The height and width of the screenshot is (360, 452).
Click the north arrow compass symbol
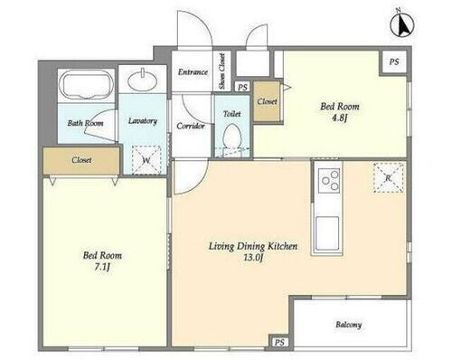pos(402,24)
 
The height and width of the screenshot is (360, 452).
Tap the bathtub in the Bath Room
pos(86,85)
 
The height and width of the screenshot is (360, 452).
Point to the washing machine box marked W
pos(146,160)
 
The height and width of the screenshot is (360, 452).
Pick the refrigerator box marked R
pos(389,177)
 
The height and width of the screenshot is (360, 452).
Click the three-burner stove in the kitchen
pos(329,180)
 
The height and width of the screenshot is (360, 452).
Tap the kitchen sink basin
pos(327,233)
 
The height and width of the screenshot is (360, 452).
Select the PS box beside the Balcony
pos(279,342)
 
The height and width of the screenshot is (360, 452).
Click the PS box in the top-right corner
pos(394,62)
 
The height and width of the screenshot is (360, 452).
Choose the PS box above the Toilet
pos(242,87)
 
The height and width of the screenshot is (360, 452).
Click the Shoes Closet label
pos(222,71)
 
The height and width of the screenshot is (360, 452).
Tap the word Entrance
pos(193,71)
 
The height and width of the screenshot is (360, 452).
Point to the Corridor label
pos(191,126)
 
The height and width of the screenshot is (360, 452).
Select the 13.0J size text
pos(252,258)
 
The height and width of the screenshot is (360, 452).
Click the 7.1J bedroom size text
pos(102,267)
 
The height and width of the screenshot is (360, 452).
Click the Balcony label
pos(349,325)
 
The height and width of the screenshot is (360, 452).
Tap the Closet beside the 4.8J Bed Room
pos(267,101)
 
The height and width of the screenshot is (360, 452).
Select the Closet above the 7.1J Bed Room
pos(81,160)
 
